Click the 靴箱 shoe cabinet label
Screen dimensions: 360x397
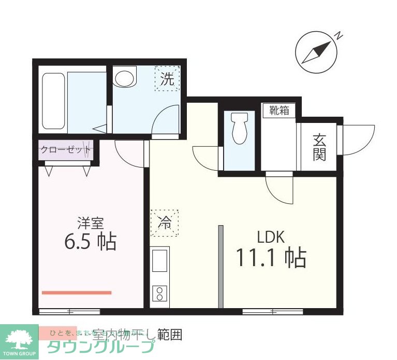(279, 110)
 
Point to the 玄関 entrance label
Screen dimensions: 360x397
(319, 147)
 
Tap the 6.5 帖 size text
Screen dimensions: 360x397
(90, 241)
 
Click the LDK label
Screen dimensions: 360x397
(271, 238)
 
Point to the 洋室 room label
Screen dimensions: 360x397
(91, 224)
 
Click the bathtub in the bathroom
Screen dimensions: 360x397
(54, 101)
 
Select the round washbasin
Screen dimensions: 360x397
(124, 78)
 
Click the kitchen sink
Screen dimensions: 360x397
(160, 260)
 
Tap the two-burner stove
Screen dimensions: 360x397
(159, 294)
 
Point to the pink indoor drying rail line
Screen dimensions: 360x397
(76, 293)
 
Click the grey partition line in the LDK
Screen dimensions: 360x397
(220, 267)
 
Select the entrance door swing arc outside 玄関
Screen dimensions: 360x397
(359, 139)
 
